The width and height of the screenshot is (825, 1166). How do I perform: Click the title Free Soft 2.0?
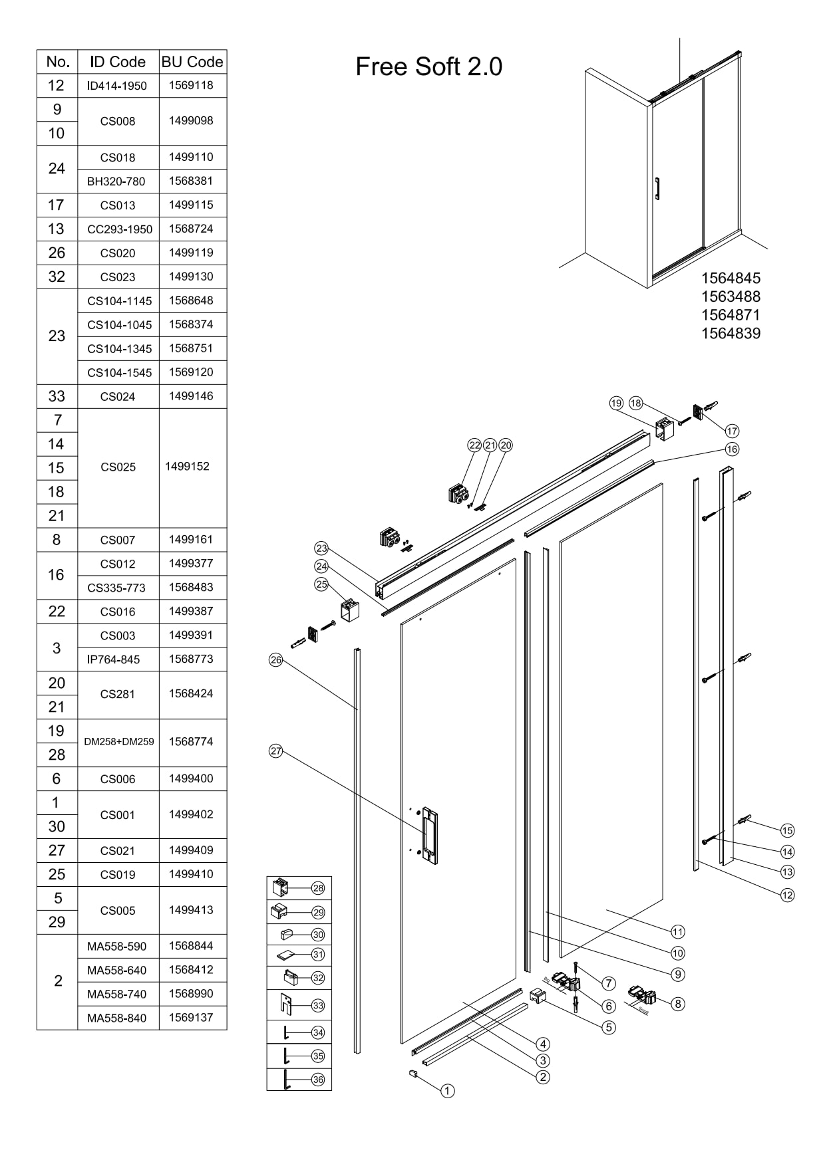pyautogui.click(x=428, y=66)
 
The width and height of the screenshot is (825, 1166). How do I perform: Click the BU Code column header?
pyautogui.click(x=192, y=62)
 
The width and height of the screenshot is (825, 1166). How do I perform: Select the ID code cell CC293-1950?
pyautogui.click(x=120, y=229)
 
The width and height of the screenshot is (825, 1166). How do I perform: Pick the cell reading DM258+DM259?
pyautogui.click(x=119, y=742)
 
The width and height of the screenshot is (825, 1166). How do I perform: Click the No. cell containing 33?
pyautogui.click(x=57, y=397)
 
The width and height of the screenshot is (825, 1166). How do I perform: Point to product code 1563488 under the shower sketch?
pyautogui.click(x=731, y=296)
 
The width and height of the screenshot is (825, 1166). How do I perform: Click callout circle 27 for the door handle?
pyautogui.click(x=276, y=751)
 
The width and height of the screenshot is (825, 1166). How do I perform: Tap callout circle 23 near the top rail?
pyautogui.click(x=321, y=548)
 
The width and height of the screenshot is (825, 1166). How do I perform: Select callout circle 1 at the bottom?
pyautogui.click(x=448, y=1091)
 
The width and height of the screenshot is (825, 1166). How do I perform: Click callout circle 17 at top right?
pyautogui.click(x=732, y=431)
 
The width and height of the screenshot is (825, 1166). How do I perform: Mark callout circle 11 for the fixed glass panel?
pyautogui.click(x=678, y=932)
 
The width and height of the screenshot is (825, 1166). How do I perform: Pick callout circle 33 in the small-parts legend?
pyautogui.click(x=318, y=1006)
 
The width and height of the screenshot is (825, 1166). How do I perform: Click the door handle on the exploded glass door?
pyautogui.click(x=430, y=836)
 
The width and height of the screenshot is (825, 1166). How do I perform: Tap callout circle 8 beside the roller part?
pyautogui.click(x=678, y=1004)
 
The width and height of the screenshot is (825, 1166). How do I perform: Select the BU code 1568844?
pyautogui.click(x=191, y=946)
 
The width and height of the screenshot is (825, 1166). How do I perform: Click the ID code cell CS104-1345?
pyautogui.click(x=120, y=349)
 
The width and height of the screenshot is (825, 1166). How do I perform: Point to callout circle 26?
pyautogui.click(x=276, y=660)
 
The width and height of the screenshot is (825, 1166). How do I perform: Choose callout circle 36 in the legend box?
pyautogui.click(x=318, y=1080)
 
